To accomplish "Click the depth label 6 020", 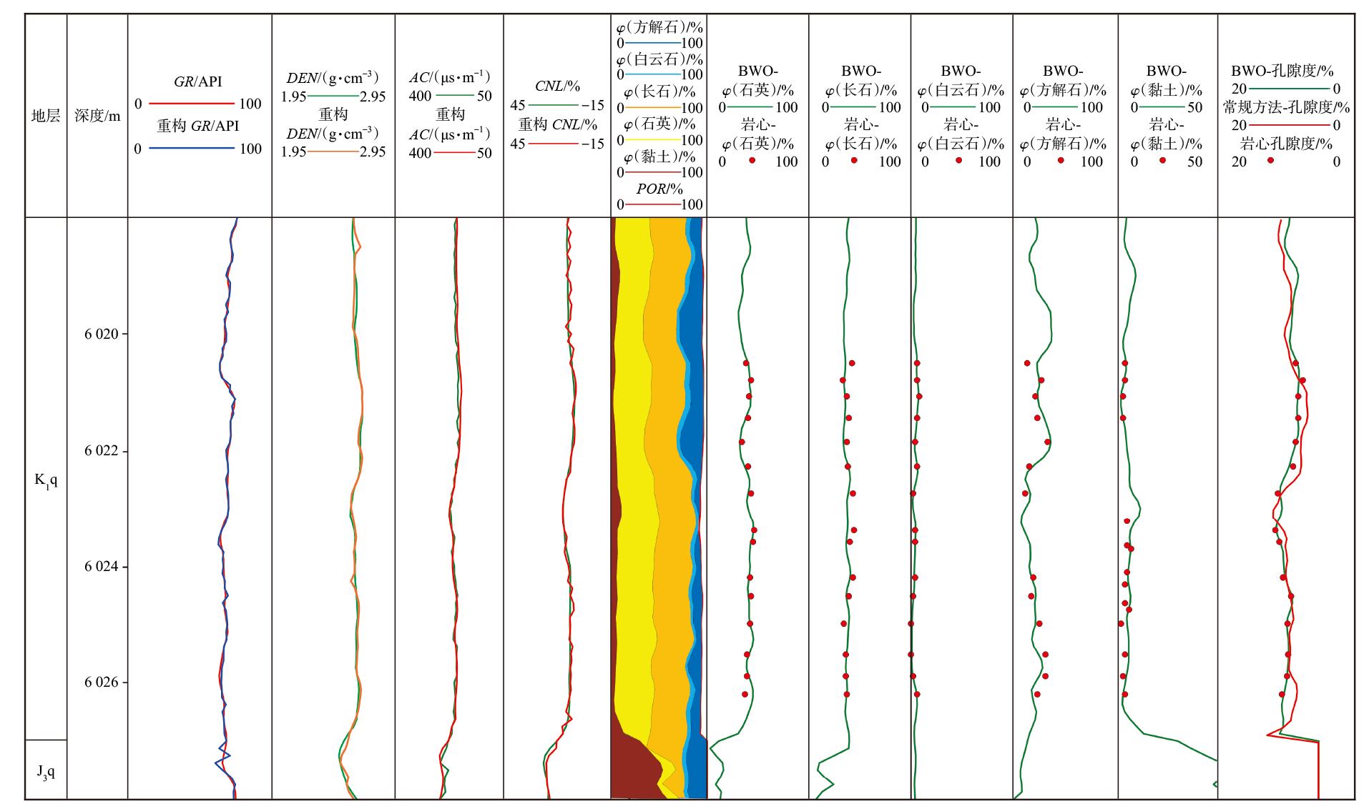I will pyautogui.click(x=101, y=334).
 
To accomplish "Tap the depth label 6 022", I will pyautogui.click(x=101, y=451).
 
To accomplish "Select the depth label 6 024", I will pyautogui.click(x=101, y=567).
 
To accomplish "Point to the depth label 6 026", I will pyautogui.click(x=101, y=683).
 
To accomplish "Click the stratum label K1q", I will pyautogui.click(x=46, y=480).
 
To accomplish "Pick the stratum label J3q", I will pyautogui.click(x=46, y=771).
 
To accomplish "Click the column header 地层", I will pyautogui.click(x=46, y=116).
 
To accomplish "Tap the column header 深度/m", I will pyautogui.click(x=97, y=116).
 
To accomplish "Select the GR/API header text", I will pyautogui.click(x=198, y=82).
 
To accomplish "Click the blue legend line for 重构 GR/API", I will pyautogui.click(x=192, y=149).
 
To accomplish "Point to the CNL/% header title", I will pyautogui.click(x=557, y=86).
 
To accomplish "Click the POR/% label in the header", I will pyautogui.click(x=659, y=189).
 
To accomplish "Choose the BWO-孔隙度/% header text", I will pyautogui.click(x=1282, y=71).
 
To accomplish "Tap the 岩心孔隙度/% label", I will pyautogui.click(x=1286, y=144).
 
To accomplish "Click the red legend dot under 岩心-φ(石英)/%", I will pyautogui.click(x=752, y=161).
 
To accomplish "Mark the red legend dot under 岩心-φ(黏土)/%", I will pyautogui.click(x=1163, y=161).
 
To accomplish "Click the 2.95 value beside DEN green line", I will pyautogui.click(x=373, y=96).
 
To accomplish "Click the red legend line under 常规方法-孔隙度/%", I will pyautogui.click(x=1289, y=125).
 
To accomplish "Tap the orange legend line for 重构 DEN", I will pyautogui.click(x=333, y=152).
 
